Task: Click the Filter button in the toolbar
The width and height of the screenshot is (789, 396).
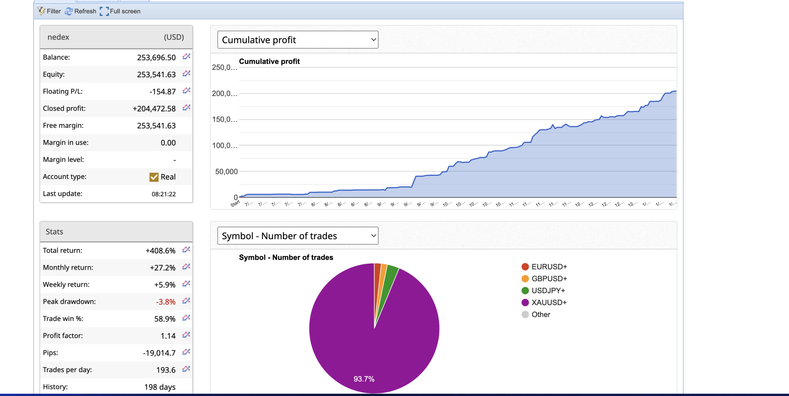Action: click(x=49, y=11)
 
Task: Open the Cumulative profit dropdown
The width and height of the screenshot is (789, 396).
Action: click(x=298, y=40)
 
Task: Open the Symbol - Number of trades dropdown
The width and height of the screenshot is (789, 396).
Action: click(x=298, y=236)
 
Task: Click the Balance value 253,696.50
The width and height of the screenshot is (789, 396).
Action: click(x=156, y=58)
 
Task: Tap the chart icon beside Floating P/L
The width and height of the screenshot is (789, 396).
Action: click(x=186, y=91)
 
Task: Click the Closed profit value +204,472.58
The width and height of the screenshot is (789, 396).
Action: click(x=154, y=109)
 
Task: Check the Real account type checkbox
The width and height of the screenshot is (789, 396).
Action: click(x=154, y=177)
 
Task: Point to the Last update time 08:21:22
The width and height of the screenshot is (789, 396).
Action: click(x=164, y=194)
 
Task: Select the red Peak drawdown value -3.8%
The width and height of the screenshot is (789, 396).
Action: click(x=166, y=302)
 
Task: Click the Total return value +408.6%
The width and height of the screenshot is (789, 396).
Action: click(x=160, y=251)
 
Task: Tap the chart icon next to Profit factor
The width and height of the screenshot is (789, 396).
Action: click(x=186, y=335)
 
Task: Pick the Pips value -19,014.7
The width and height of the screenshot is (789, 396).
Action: click(x=159, y=353)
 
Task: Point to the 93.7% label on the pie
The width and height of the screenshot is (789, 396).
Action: click(x=364, y=379)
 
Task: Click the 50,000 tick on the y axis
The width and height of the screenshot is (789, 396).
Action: click(x=226, y=172)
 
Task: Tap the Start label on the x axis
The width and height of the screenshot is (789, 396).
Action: click(x=235, y=204)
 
